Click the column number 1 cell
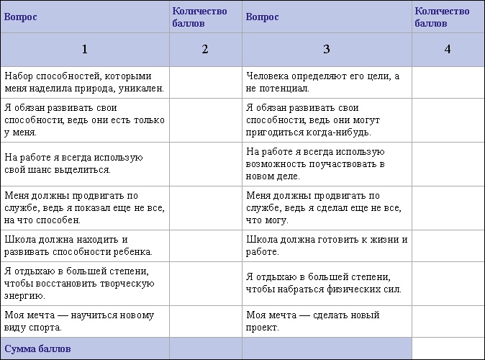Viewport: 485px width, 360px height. (85, 49)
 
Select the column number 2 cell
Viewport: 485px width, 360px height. (205, 49)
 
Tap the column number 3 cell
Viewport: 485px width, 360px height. (327, 49)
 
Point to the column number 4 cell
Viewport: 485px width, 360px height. (448, 49)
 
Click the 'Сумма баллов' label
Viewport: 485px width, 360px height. (37, 349)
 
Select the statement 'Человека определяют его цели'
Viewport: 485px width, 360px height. (322, 82)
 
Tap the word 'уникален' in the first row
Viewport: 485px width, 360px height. (143, 89)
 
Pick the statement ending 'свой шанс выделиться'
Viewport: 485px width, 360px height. (74, 163)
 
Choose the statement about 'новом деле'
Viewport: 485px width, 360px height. (315, 163)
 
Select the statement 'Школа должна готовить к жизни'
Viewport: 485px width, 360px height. (327, 246)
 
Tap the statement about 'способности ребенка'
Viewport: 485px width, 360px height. (78, 246)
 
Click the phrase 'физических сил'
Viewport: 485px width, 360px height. (367, 289)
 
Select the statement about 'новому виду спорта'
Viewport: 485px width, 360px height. (78, 321)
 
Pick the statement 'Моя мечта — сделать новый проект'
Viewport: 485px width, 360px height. (312, 321)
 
